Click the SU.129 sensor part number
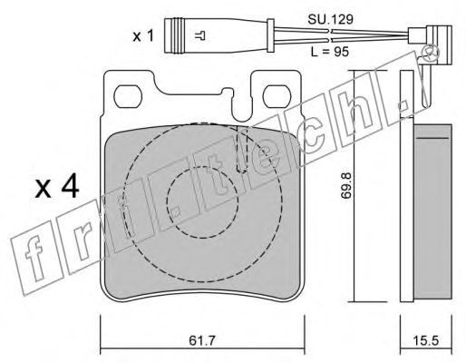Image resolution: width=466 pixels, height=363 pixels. click(330, 20)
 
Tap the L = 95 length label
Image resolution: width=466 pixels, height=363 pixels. click(330, 52)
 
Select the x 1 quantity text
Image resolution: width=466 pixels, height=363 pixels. click(143, 36)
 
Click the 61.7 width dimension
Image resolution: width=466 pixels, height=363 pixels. click(201, 341)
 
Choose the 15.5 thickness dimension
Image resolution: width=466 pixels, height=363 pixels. click(426, 341)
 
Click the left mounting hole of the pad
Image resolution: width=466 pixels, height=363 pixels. click(128, 96)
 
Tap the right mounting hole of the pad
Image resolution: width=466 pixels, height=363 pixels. click(277, 96)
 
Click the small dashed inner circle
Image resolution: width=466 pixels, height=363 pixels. click(202, 202)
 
